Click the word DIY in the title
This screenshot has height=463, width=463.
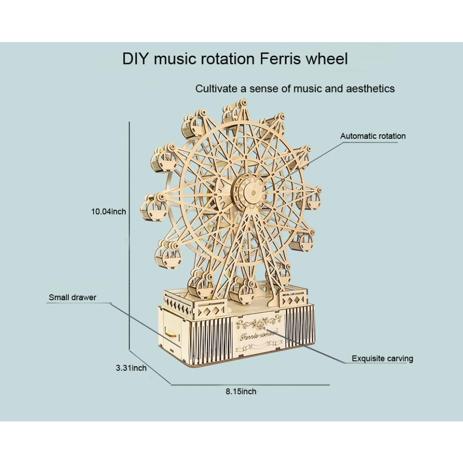(x=134, y=59)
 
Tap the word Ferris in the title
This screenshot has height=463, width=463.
(x=281, y=59)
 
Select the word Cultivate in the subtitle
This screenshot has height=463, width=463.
(x=217, y=88)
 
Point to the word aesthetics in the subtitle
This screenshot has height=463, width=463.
(x=370, y=88)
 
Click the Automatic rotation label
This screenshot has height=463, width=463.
(x=373, y=136)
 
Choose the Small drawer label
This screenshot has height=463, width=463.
(x=72, y=297)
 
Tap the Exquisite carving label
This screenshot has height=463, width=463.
(x=383, y=359)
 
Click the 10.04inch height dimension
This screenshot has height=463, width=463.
(x=109, y=211)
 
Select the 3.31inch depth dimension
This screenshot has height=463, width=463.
(x=131, y=368)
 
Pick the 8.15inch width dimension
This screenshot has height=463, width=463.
(x=241, y=392)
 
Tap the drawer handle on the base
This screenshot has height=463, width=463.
(x=171, y=334)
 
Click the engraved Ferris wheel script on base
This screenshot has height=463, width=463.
(x=259, y=335)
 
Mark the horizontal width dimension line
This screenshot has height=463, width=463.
(x=250, y=385)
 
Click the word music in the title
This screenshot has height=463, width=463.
(x=175, y=59)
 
